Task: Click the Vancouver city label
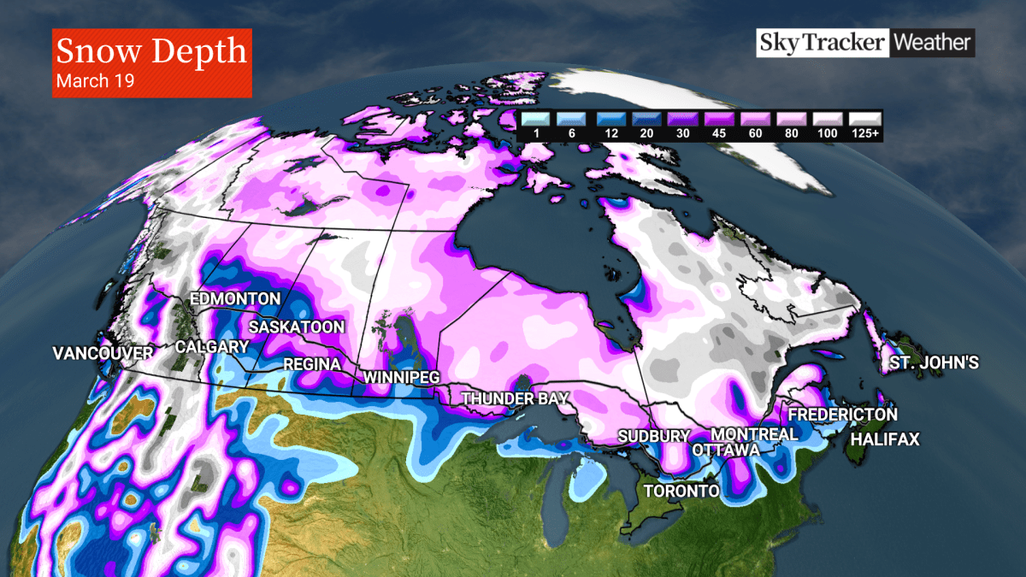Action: point(103,353)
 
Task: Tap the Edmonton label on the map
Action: point(234,299)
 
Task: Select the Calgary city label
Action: point(211,347)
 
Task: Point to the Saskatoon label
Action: point(297,327)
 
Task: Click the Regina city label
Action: point(312,365)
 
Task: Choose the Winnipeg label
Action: point(401,377)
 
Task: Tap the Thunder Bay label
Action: point(514,398)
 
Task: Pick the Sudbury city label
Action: point(654,437)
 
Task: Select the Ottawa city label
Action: point(726,450)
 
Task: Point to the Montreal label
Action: point(755,434)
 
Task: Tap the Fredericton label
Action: point(843,415)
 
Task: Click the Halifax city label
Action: point(885,439)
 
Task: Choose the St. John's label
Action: point(934,363)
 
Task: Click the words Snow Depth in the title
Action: point(151,51)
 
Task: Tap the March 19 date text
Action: point(95,81)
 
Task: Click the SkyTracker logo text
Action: point(822,42)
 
